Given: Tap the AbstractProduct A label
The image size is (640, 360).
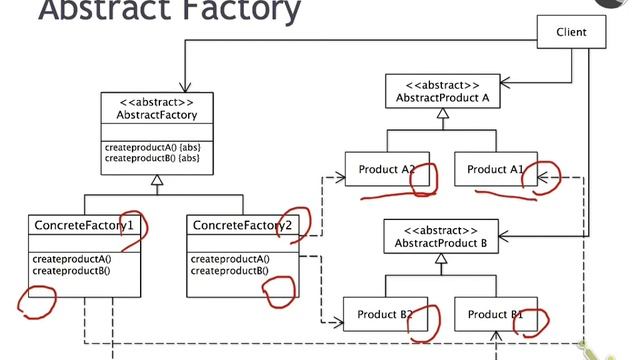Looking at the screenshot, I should pyautogui.click(x=440, y=97).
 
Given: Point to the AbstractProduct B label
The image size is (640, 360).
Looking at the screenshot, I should pyautogui.click(x=441, y=241).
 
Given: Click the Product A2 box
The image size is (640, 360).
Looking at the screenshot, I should pyautogui.click(x=386, y=170).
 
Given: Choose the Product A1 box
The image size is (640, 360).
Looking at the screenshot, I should pyautogui.click(x=494, y=170).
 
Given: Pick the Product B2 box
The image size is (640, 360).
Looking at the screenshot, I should pyautogui.click(x=386, y=314).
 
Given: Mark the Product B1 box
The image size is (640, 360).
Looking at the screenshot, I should pyautogui.click(x=494, y=314).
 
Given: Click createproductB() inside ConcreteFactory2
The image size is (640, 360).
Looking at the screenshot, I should pyautogui.click(x=229, y=270).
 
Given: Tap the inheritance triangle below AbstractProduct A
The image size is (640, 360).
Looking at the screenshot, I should pyautogui.click(x=441, y=115).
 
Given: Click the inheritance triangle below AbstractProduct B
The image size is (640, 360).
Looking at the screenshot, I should pyautogui.click(x=441, y=259).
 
